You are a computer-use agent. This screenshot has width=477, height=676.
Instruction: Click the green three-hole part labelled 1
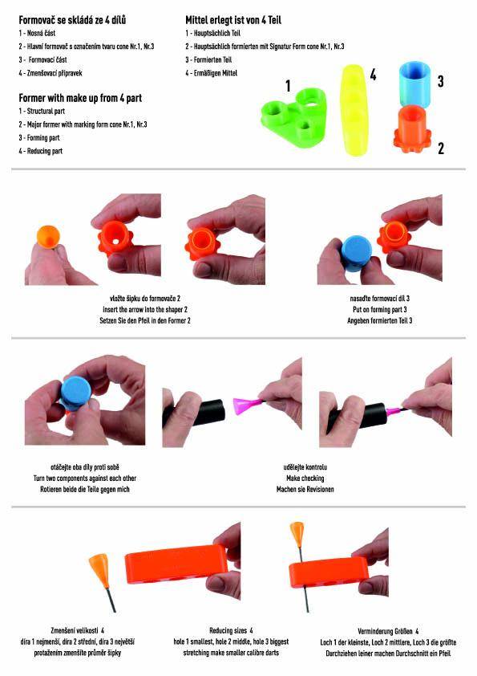coord(295,117)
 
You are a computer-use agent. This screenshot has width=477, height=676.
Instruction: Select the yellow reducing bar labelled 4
coord(354,109)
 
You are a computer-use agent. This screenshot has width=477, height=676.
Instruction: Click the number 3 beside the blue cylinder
coord(440,81)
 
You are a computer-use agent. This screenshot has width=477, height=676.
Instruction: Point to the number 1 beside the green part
coord(288,86)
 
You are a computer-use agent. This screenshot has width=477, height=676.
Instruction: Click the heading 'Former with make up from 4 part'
coord(80,98)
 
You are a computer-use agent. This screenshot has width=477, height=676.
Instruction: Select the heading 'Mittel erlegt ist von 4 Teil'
coord(233,20)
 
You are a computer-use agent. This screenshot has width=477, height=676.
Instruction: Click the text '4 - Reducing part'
coord(40,151)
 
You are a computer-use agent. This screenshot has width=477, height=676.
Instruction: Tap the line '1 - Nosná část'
coord(37,33)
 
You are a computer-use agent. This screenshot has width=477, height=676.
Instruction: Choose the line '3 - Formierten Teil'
coord(208,60)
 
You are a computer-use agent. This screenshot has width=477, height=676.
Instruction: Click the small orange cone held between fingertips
coord(48,236)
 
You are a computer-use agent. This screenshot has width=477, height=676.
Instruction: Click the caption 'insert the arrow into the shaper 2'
coord(145,310)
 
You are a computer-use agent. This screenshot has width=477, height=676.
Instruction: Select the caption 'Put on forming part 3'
coord(380,310)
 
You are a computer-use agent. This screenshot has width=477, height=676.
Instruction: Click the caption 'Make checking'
coord(305,478)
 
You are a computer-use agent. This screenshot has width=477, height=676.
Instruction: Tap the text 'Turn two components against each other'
coord(85,478)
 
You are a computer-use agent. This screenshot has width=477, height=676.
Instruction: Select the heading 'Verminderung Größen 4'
coord(388,631)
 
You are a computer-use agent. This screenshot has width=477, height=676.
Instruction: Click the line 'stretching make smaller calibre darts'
coord(231,653)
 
